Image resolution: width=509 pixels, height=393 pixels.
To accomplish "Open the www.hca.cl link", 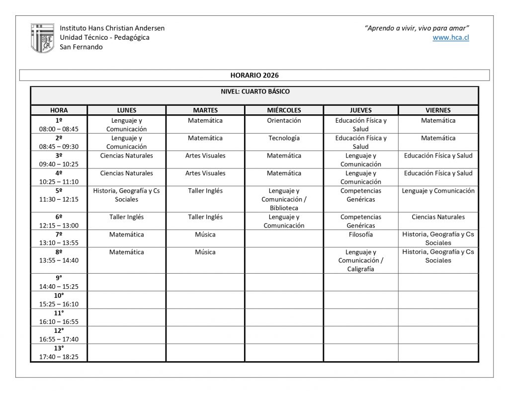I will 451,38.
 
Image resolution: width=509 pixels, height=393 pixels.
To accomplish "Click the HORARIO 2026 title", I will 254,75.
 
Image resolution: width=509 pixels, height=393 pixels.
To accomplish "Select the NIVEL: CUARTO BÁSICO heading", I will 254,91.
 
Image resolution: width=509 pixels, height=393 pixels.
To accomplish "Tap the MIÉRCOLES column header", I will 284,110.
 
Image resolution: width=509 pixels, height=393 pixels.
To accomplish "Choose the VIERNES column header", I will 438,110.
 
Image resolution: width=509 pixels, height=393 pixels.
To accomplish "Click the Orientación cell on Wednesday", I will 284,121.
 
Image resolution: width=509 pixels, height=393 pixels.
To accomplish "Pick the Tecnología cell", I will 284,138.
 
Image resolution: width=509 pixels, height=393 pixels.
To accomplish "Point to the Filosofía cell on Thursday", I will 360,235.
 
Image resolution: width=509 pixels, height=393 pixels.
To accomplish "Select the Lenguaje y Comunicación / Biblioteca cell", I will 284,199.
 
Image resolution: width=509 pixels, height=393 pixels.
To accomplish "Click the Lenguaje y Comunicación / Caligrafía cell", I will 360,260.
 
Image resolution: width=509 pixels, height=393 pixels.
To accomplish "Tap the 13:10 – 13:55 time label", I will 59,243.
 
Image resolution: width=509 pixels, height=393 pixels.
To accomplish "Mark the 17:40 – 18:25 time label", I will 59,357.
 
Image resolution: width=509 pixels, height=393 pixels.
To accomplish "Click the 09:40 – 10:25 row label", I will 59,164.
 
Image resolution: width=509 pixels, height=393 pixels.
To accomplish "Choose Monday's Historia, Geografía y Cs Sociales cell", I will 126,195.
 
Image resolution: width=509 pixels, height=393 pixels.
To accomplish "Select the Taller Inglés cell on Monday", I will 126,217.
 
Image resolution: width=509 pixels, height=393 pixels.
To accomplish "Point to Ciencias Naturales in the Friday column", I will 438,217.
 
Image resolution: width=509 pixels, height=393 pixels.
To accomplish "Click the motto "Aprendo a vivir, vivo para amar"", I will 417,28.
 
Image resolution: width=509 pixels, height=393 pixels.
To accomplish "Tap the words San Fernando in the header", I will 81,47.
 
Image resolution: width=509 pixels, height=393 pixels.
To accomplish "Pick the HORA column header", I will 59,110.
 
